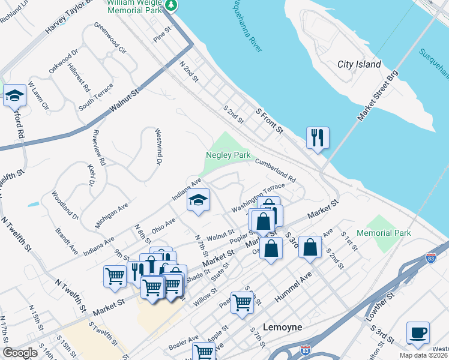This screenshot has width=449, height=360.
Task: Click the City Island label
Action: [x=359, y=64]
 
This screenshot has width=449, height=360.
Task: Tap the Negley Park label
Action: [x=228, y=155]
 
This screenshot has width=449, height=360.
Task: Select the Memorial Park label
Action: [x=383, y=233]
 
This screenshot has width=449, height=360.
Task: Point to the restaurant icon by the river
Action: [x=316, y=137]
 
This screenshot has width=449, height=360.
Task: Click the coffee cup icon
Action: [x=417, y=332]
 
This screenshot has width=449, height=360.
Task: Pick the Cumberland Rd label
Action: [x=276, y=170]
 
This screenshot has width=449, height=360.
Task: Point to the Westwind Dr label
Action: [x=158, y=147]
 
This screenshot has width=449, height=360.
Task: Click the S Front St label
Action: [x=269, y=121]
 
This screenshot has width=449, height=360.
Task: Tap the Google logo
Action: [x=20, y=353]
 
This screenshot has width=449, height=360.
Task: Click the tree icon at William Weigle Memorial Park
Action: [x=172, y=5]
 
